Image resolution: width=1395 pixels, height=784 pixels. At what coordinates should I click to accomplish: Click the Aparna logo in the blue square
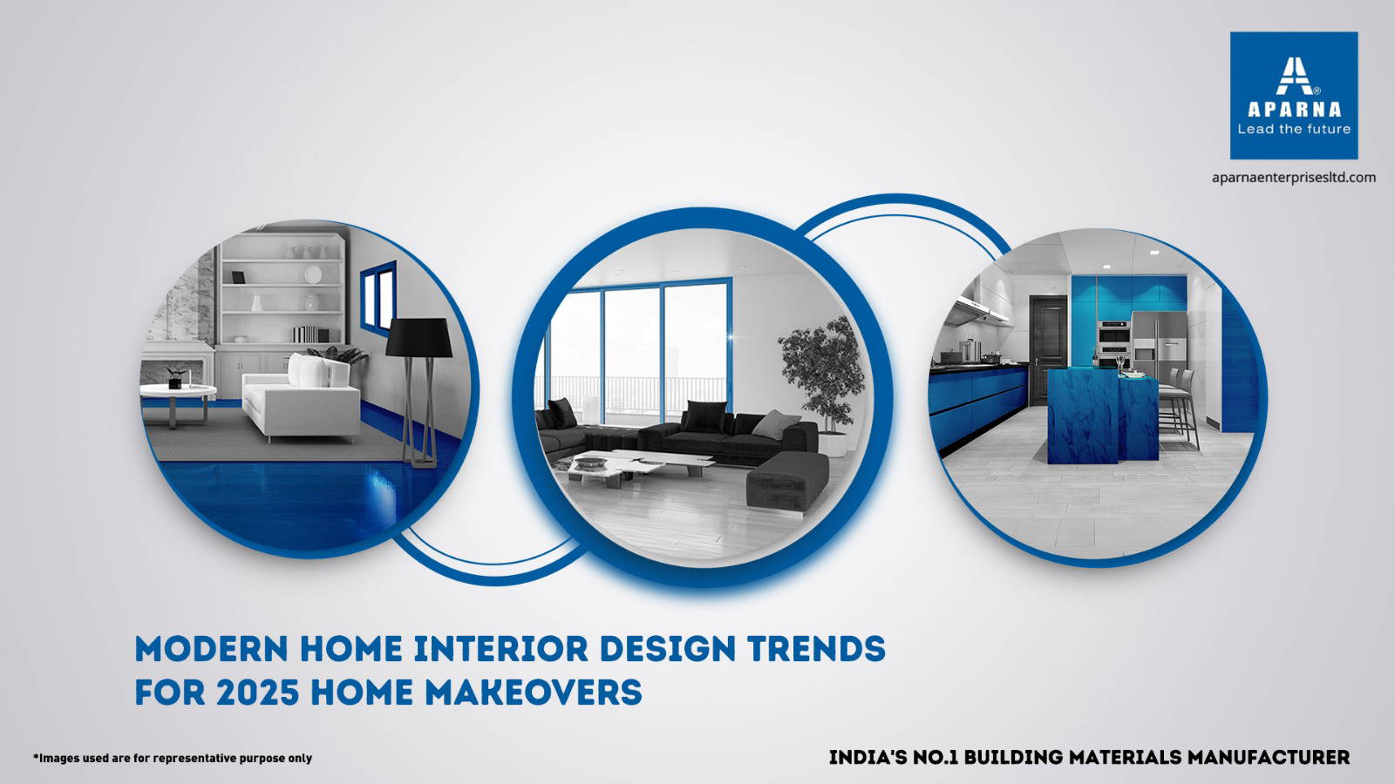click(1294, 96)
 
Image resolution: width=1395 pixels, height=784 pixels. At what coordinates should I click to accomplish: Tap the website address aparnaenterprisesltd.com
click(1294, 178)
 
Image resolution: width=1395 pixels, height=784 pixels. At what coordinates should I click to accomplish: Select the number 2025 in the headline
click(258, 692)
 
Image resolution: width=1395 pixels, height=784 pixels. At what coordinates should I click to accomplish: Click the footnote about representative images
click(173, 758)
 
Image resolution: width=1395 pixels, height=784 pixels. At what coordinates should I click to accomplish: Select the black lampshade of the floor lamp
click(418, 337)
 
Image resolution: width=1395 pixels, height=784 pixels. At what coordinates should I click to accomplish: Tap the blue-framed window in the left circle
click(378, 295)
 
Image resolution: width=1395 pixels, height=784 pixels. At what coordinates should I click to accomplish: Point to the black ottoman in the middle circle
click(787, 480)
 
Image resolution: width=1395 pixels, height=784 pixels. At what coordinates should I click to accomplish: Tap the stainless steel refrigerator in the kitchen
click(1160, 344)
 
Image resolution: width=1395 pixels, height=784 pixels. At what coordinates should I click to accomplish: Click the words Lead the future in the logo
click(1294, 130)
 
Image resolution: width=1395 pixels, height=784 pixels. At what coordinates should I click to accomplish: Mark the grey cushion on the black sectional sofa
click(775, 424)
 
